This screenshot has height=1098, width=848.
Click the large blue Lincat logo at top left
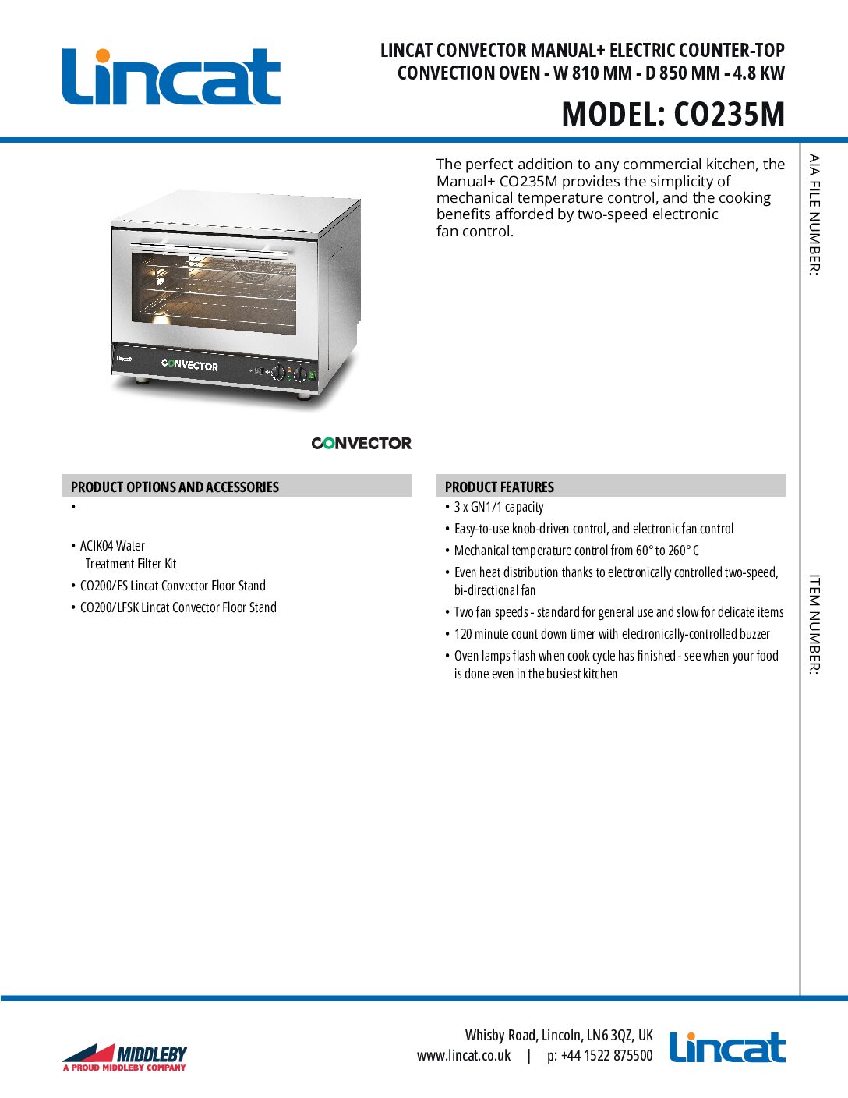click(171, 77)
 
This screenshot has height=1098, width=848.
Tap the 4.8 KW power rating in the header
click(759, 73)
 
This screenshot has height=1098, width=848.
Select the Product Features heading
click(500, 487)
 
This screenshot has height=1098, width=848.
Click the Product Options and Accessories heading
click(175, 487)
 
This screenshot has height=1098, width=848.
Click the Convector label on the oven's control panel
click(189, 365)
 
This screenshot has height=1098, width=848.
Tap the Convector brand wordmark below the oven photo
click(361, 443)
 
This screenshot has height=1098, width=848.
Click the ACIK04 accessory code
click(97, 546)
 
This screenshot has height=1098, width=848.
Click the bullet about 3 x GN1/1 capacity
click(499, 507)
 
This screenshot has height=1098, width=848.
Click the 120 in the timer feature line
click(463, 634)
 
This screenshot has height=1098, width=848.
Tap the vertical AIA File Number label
click(814, 214)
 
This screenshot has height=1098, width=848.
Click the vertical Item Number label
click(814, 624)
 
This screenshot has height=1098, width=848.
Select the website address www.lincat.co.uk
click(464, 1056)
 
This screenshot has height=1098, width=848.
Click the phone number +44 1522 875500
click(606, 1056)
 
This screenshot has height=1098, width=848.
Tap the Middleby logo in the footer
click(125, 1057)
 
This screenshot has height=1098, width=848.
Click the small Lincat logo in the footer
click(726, 1048)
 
